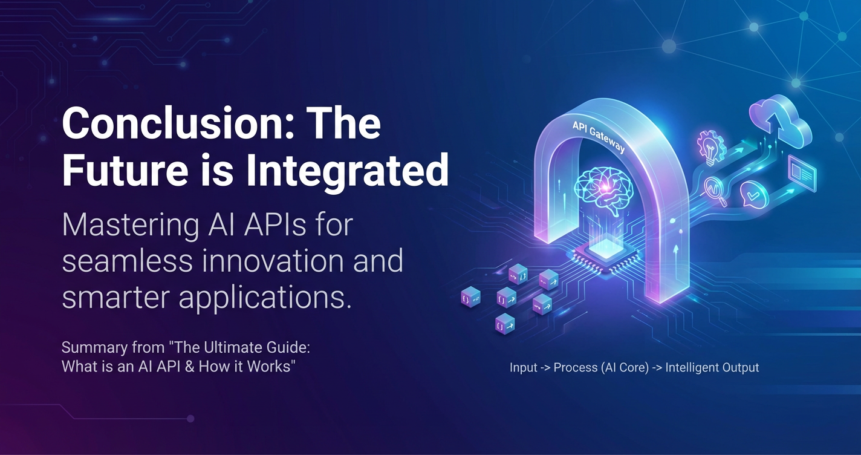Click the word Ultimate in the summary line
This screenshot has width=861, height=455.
pos(233,347)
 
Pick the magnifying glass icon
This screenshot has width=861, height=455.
pos(715,192)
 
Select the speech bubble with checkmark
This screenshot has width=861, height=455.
pos(754,194)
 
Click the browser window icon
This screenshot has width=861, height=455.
pos(802,174)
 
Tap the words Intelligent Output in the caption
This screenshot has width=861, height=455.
pos(712,368)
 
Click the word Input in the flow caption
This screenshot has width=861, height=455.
pos(523,368)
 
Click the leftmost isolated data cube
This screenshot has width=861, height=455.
pos(470,297)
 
